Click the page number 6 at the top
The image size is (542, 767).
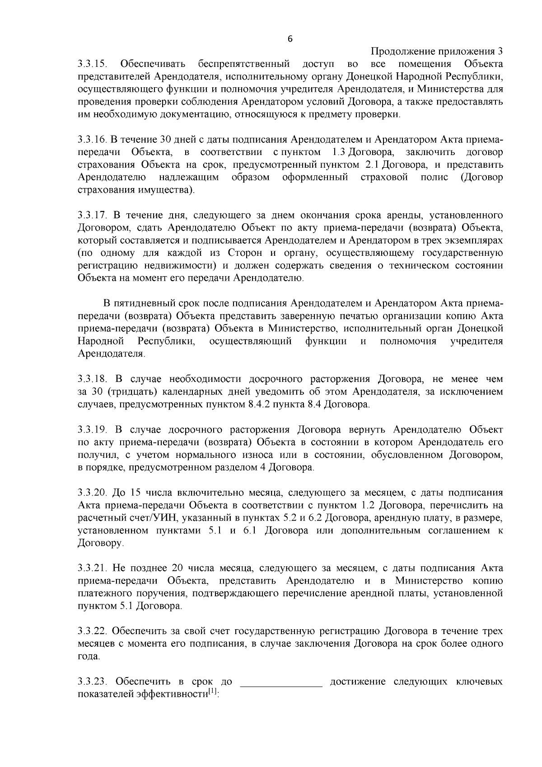click(x=290, y=39)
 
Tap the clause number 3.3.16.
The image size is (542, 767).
click(x=92, y=138)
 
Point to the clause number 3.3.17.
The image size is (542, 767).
click(x=92, y=214)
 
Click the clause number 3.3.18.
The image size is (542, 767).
click(x=92, y=378)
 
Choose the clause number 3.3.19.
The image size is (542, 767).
click(x=92, y=429)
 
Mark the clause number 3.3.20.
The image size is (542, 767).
click(x=92, y=492)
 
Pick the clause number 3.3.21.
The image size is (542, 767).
click(x=92, y=568)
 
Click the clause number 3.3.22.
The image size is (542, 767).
click(x=92, y=631)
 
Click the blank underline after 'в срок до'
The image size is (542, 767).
click(x=281, y=683)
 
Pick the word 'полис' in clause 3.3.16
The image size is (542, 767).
click(x=434, y=177)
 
